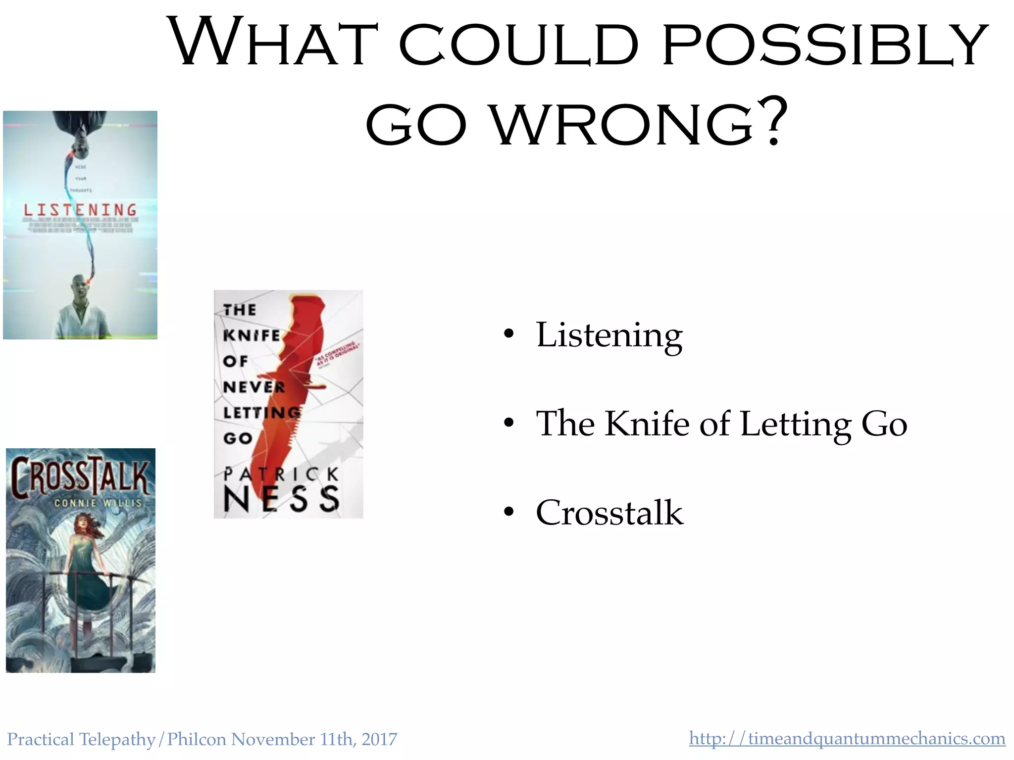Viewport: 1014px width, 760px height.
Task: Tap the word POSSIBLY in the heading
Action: [824, 44]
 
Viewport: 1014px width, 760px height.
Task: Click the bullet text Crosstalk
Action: [609, 513]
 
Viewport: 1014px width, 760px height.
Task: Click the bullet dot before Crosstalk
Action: [508, 513]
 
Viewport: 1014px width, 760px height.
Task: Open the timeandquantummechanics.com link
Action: [847, 738]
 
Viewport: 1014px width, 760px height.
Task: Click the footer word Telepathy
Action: [117, 739]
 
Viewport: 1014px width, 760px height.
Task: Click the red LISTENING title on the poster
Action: [80, 210]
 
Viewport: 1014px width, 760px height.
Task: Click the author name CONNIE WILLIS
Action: [98, 503]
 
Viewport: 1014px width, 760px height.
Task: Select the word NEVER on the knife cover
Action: [254, 387]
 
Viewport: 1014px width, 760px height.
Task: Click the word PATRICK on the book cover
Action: [281, 475]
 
